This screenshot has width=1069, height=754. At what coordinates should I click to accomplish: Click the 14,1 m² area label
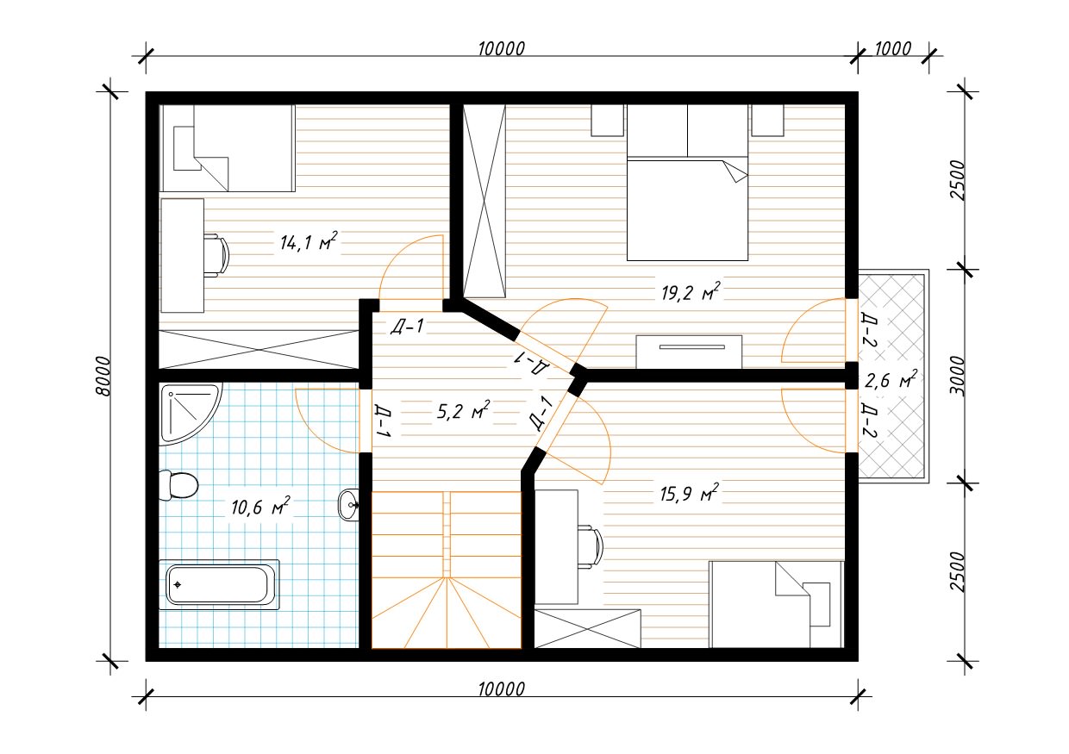click(x=309, y=242)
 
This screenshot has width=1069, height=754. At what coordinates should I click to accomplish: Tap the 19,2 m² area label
click(x=691, y=292)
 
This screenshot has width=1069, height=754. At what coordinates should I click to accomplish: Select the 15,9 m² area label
click(x=690, y=493)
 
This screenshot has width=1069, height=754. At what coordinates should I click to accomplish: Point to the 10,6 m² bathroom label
click(x=260, y=507)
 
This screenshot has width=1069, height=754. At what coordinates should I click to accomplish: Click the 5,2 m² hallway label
click(x=464, y=410)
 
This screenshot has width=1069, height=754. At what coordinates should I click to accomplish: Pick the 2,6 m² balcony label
click(x=891, y=381)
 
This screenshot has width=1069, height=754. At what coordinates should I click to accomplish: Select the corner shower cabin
click(x=190, y=414)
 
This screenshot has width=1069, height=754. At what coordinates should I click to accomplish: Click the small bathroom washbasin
click(x=348, y=505)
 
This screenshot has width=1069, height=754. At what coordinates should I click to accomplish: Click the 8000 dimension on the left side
click(x=103, y=376)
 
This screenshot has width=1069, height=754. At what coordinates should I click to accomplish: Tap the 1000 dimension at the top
click(x=893, y=48)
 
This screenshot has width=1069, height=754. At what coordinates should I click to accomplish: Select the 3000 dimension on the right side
click(x=957, y=376)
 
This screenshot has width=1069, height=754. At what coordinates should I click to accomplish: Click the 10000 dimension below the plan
click(x=502, y=689)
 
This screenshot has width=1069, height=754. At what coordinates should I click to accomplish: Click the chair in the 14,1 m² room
click(x=217, y=255)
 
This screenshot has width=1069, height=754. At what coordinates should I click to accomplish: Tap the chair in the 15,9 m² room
click(x=591, y=547)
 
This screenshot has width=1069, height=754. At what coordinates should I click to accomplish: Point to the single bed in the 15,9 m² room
click(x=777, y=604)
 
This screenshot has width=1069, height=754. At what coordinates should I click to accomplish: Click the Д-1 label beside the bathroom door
click(x=384, y=421)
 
